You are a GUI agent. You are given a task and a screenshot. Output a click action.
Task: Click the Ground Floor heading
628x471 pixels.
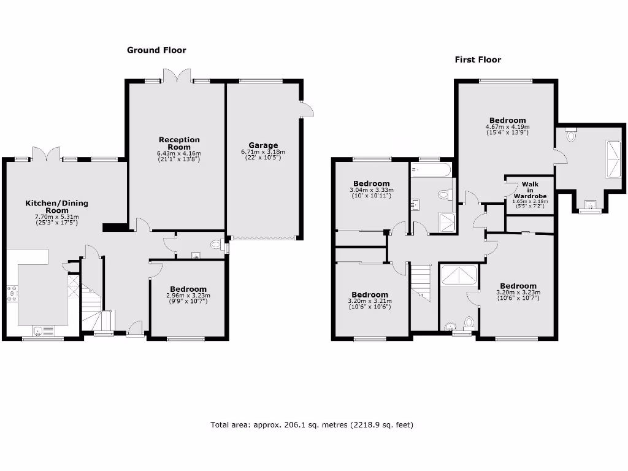(156, 50)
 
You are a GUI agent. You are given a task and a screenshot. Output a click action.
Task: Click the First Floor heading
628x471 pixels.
(478, 59)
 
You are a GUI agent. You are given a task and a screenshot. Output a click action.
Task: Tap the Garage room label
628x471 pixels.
(263, 145)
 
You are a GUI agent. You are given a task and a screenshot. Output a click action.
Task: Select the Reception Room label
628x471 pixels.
(179, 143)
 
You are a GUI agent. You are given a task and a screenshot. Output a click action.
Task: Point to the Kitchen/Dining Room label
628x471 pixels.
(56, 207)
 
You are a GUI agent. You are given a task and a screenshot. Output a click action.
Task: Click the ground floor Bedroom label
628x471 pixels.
(188, 289)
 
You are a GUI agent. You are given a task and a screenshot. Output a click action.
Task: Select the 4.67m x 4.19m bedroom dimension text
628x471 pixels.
(507, 127)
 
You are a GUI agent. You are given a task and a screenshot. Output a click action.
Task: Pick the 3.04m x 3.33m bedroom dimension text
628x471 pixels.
(371, 190)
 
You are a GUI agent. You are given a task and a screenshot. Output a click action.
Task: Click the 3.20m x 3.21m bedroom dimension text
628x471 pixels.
(370, 301)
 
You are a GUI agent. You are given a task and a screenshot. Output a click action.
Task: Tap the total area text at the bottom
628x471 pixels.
(312, 424)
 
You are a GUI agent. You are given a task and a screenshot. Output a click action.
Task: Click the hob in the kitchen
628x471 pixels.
(12, 294)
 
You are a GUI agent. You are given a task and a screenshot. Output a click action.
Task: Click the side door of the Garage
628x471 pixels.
(307, 109)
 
